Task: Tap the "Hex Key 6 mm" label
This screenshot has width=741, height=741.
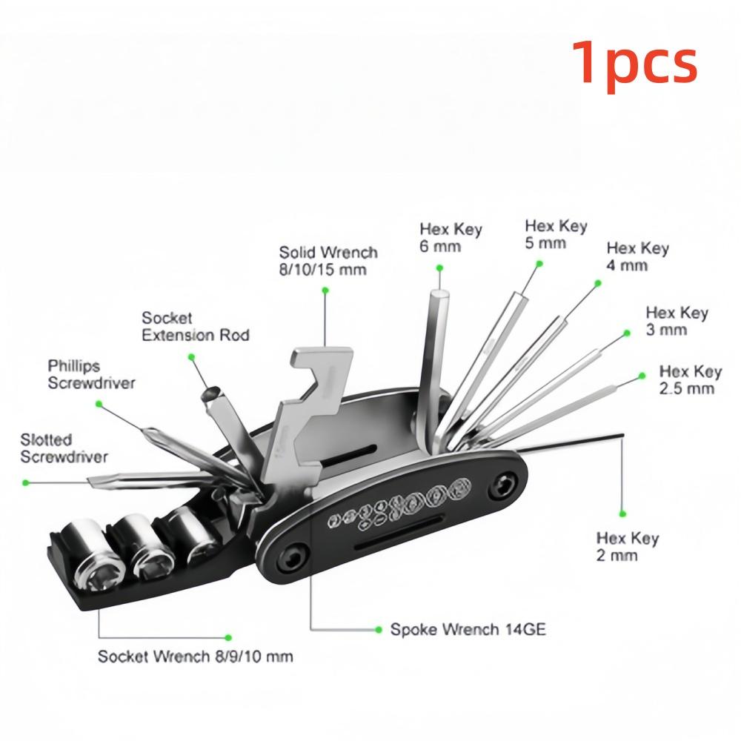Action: click(451, 238)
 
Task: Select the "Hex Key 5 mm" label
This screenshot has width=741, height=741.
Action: click(556, 234)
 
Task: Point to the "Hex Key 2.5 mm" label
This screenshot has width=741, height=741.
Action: click(691, 380)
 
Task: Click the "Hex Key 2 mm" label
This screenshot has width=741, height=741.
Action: click(628, 546)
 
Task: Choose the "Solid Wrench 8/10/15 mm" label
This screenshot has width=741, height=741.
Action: click(328, 261)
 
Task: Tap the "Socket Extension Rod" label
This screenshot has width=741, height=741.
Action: click(195, 327)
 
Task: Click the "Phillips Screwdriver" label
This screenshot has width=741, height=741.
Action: click(91, 374)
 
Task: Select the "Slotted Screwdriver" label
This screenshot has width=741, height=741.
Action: click(64, 448)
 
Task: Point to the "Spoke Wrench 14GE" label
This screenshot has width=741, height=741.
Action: click(468, 629)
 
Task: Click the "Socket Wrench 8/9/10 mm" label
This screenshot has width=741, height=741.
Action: click(195, 657)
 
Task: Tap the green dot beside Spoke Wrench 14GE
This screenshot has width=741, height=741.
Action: click(378, 629)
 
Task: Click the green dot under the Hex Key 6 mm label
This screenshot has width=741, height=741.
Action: click(439, 268)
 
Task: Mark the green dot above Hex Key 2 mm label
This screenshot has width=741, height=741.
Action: click(622, 514)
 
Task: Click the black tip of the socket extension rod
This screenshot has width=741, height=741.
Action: click(210, 395)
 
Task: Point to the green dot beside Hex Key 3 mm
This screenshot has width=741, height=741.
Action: click(627, 333)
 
